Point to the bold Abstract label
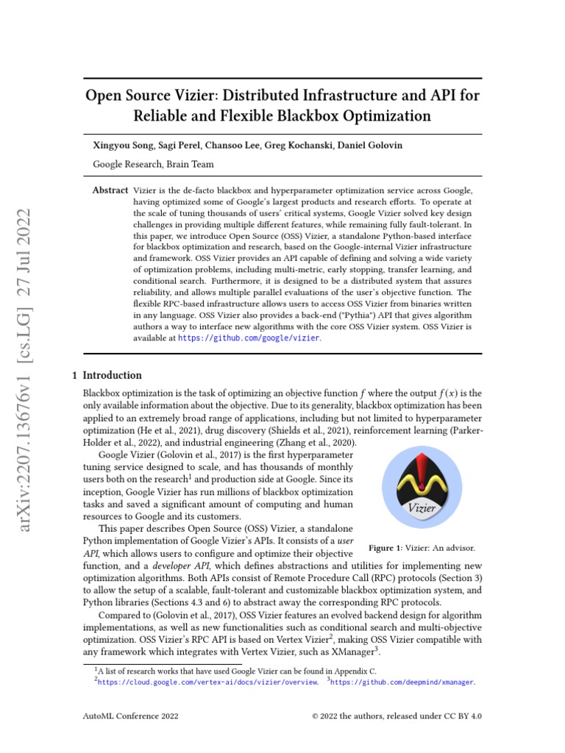click(110, 190)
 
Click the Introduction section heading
click(112, 375)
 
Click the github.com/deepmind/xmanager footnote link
click(403, 682)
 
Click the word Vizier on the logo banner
click(422, 508)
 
